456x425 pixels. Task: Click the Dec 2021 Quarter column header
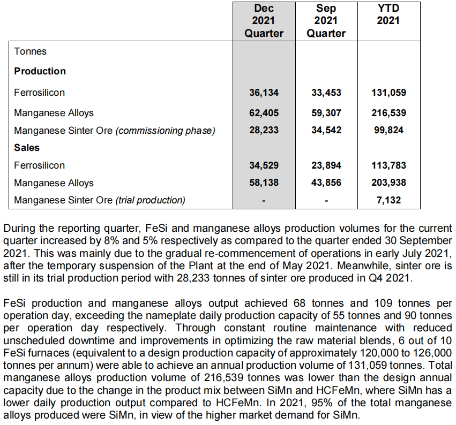[264, 21]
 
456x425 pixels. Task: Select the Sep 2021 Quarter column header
[326, 21]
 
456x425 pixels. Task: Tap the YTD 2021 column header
[388, 15]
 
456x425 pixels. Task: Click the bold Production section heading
[40, 71]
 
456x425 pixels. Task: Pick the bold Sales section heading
[27, 147]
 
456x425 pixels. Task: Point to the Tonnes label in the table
[31, 51]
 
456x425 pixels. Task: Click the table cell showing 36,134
[264, 93]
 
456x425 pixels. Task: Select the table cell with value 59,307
[326, 113]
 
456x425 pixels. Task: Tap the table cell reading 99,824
[388, 130]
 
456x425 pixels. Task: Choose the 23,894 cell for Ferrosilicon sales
[326, 165]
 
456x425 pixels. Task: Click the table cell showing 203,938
[388, 183]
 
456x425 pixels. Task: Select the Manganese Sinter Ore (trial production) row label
[100, 200]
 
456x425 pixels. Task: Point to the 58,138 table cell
[264, 183]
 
